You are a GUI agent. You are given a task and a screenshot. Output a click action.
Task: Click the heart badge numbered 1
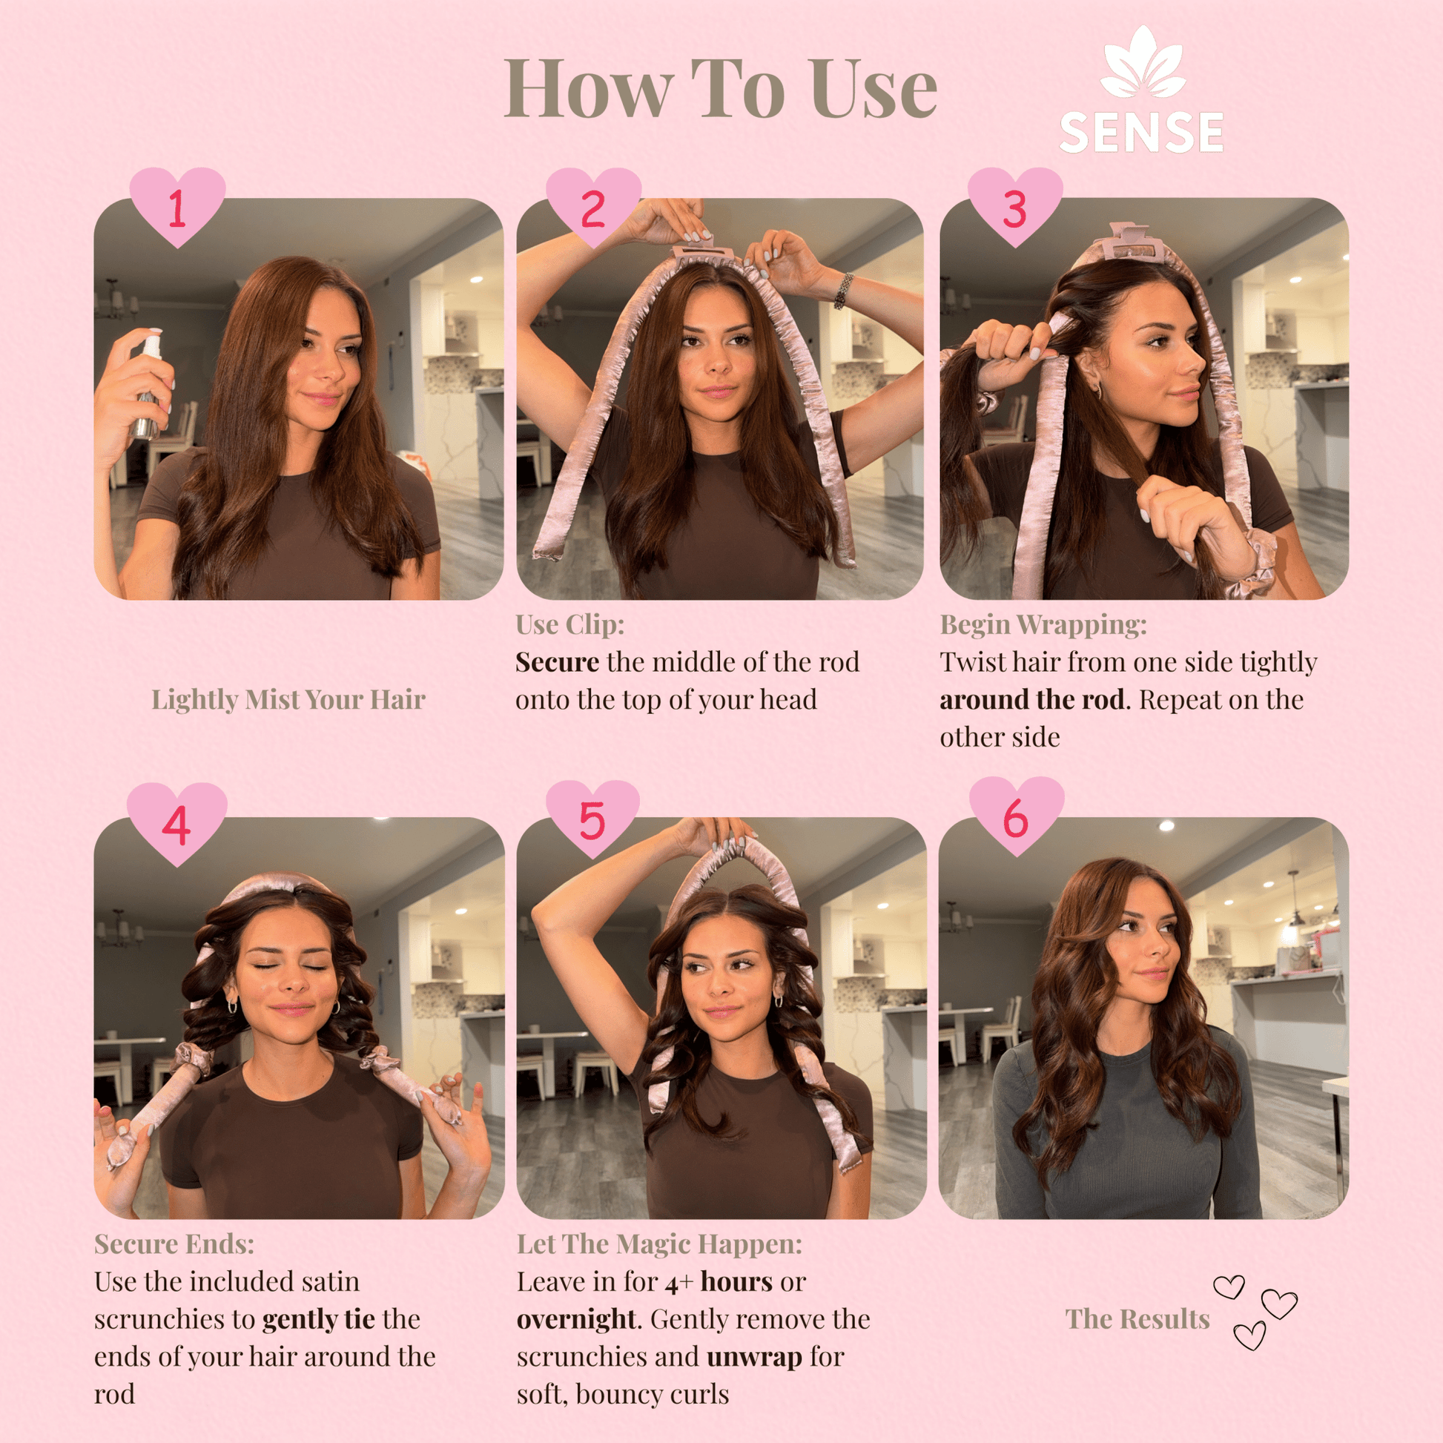click(x=177, y=206)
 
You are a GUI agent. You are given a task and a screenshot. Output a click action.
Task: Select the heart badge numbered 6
click(x=1017, y=816)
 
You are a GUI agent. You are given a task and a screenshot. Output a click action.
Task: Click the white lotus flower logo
click(x=1143, y=63)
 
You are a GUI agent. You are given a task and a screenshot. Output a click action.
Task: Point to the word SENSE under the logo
click(x=1141, y=133)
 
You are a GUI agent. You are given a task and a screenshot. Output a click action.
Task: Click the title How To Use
click(x=721, y=89)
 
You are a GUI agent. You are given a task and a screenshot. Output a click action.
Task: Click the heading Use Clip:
click(x=569, y=624)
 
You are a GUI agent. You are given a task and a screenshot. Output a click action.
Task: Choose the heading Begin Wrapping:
click(x=1043, y=624)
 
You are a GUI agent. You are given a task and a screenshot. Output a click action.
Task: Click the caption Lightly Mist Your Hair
click(x=288, y=700)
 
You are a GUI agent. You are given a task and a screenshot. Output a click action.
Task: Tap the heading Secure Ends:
click(x=174, y=1244)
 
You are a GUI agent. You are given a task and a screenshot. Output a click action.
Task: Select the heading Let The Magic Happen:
click(x=659, y=1244)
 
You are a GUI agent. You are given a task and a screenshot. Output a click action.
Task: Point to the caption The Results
click(x=1137, y=1319)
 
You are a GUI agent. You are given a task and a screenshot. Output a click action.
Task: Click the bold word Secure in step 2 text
click(x=557, y=662)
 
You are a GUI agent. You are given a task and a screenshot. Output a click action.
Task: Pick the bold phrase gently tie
click(x=319, y=1320)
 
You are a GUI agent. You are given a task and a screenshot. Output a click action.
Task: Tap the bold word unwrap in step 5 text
click(x=754, y=1357)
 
